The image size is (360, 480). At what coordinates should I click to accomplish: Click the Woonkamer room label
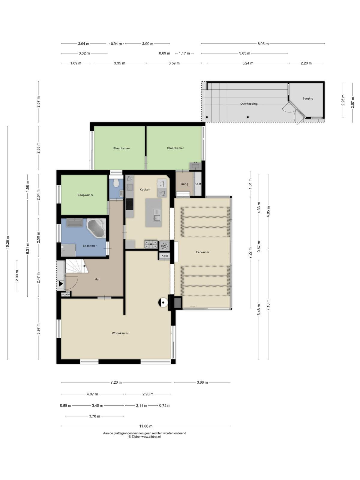click(x=120, y=333)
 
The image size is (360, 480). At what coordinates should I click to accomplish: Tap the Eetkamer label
click(x=202, y=252)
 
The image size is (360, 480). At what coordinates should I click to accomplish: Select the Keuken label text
click(x=145, y=189)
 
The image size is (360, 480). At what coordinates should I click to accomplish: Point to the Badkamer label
click(x=90, y=246)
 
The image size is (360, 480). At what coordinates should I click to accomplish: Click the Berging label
click(x=307, y=98)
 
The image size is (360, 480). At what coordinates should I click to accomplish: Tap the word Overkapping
click(x=249, y=104)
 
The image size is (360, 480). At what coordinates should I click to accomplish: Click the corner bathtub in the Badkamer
click(x=96, y=228)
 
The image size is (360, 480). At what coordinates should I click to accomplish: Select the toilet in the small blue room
click(x=116, y=183)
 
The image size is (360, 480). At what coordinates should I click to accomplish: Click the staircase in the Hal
click(x=76, y=266)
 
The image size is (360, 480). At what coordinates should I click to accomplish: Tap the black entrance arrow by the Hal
click(x=61, y=284)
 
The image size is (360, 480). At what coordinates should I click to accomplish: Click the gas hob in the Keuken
click(x=151, y=244)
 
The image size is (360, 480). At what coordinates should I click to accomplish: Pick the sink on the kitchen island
click(x=157, y=217)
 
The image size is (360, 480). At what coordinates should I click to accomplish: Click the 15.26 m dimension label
click(x=8, y=242)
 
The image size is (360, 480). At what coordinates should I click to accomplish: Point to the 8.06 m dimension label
click(x=263, y=43)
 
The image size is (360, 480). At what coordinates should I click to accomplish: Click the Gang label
click(x=184, y=184)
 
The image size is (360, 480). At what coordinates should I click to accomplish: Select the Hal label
click(x=97, y=279)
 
